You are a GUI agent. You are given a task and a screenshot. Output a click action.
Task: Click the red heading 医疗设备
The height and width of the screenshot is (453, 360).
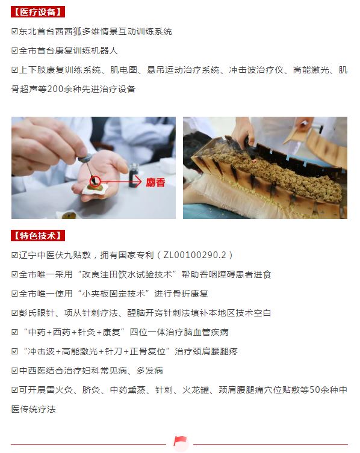(37, 12)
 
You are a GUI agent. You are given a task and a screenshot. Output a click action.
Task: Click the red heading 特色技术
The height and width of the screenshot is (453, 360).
(37, 236)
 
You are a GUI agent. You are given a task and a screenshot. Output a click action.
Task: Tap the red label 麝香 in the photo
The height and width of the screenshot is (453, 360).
(155, 182)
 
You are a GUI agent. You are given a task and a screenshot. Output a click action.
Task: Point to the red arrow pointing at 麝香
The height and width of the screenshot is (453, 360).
(121, 182)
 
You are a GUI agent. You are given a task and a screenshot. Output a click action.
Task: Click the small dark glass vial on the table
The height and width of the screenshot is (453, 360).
(134, 175)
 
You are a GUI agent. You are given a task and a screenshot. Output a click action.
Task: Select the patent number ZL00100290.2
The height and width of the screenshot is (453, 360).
(194, 255)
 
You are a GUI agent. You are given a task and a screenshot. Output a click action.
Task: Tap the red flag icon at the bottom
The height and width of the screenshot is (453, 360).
(180, 441)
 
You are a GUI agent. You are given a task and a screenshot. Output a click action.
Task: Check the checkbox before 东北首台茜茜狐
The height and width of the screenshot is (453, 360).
(14, 31)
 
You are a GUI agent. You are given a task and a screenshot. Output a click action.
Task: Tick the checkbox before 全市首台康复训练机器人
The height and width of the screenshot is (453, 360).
(14, 51)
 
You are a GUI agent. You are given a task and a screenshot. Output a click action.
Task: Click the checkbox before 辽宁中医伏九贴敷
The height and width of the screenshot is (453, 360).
(14, 255)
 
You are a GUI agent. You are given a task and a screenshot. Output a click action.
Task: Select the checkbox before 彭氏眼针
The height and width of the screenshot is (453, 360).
(14, 313)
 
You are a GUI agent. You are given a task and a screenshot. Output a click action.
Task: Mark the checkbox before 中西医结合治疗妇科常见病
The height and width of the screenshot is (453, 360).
(14, 371)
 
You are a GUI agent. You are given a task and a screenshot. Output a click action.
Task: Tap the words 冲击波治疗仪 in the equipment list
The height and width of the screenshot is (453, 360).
(256, 70)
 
